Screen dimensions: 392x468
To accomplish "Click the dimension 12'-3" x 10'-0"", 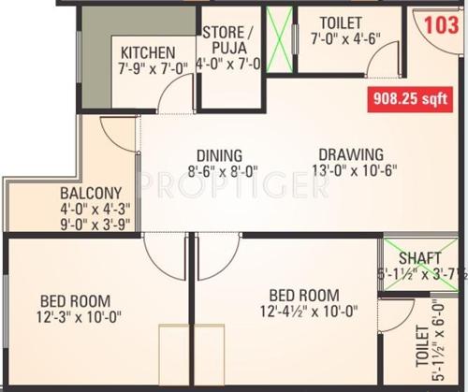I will [x=75, y=317].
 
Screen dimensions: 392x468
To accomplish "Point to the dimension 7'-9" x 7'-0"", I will [x=154, y=67].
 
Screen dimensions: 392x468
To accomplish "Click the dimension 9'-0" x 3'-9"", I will [x=82, y=225].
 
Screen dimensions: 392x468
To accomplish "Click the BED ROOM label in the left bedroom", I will [x=75, y=300].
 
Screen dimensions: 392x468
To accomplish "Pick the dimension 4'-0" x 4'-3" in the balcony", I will [x=82, y=211].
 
